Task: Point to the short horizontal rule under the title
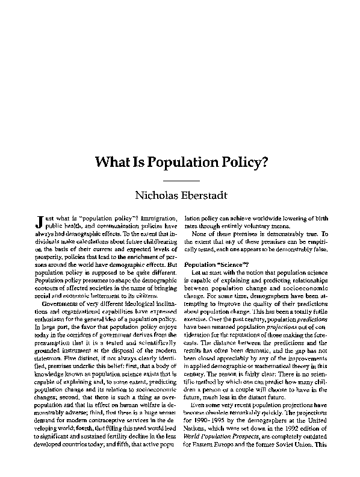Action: [x=180, y=180]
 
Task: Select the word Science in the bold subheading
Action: [x=229, y=266]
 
